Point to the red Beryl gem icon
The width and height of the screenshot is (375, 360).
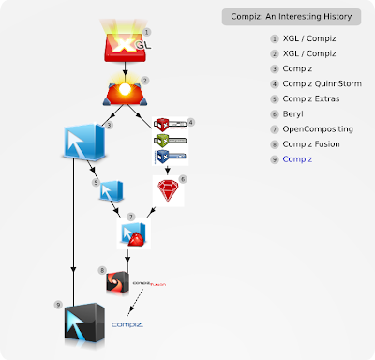(x=170, y=194)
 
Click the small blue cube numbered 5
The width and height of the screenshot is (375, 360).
(x=109, y=194)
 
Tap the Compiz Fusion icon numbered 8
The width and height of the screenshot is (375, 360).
(x=118, y=280)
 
